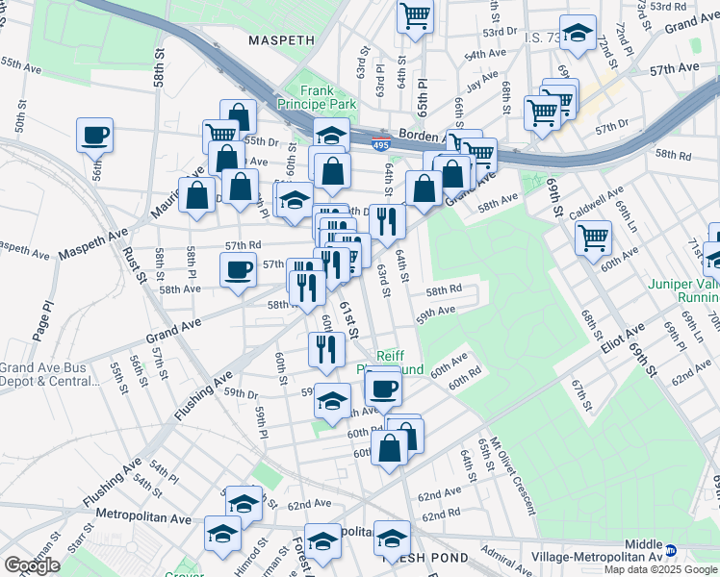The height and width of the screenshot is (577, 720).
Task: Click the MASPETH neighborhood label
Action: (281, 40)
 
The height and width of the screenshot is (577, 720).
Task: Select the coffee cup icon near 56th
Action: (95, 136)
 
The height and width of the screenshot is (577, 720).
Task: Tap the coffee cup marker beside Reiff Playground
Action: (383, 388)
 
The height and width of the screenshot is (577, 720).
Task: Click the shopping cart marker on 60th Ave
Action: (594, 237)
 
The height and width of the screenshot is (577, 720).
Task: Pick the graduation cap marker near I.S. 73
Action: (578, 34)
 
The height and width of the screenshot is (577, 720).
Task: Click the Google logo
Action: (32, 565)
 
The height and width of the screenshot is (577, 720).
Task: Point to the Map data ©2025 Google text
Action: (661, 569)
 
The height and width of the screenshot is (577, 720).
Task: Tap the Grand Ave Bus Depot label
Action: (48, 374)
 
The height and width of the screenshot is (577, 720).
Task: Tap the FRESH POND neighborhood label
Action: (425, 557)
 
